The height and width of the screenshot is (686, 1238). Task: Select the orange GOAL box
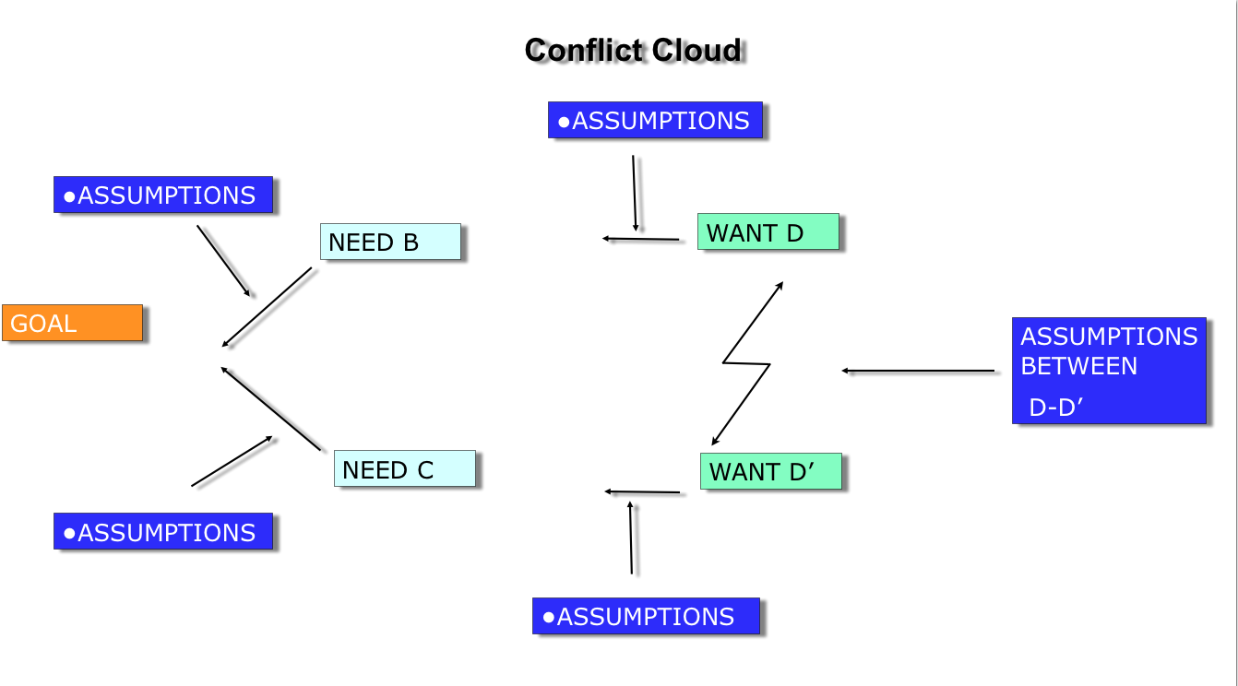72,323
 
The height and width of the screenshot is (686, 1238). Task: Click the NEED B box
390,242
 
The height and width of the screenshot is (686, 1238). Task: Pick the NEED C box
404,468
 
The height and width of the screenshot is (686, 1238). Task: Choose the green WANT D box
768,231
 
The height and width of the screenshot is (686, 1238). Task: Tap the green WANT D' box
770,471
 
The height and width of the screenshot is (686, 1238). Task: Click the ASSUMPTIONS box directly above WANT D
655,120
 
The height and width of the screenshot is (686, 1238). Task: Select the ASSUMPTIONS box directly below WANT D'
646,616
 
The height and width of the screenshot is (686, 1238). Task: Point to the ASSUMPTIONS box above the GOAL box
163,195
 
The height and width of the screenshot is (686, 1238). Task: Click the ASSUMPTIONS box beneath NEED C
163,531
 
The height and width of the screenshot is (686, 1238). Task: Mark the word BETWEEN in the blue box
1078,366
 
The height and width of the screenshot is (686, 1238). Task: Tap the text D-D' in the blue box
1055,408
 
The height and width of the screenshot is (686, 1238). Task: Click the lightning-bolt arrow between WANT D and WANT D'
747,363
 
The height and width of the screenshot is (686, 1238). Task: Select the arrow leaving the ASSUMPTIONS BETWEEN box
918,371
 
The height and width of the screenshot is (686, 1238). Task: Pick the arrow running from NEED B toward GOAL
268,307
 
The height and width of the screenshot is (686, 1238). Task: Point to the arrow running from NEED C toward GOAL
270,408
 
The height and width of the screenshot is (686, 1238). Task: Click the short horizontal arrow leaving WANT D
641,239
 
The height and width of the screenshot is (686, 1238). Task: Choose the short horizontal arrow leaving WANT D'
643,492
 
